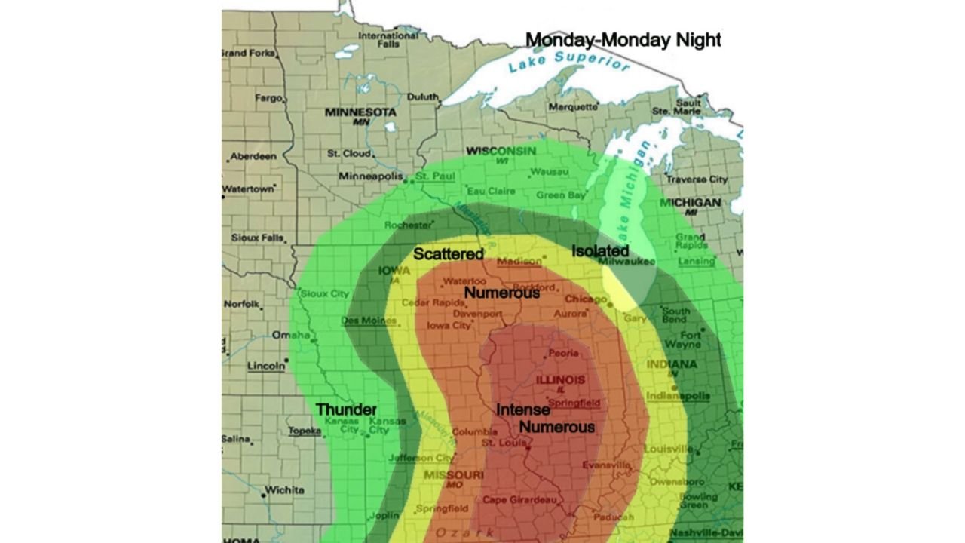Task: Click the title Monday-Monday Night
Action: coord(623,40)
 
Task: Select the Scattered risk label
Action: coord(448,254)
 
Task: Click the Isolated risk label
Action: coord(600,250)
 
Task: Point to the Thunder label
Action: coord(346,410)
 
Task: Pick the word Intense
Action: coord(522,410)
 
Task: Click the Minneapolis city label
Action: coord(370,176)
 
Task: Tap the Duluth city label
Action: coord(422,97)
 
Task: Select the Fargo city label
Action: coord(268,98)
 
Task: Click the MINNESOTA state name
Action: coord(360,112)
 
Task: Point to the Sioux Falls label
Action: coord(256,238)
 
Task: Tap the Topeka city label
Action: coord(304,431)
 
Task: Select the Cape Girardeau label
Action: coord(519,500)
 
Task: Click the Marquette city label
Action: coord(572,107)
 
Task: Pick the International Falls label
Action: coord(388,40)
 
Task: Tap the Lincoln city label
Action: coord(266,367)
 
